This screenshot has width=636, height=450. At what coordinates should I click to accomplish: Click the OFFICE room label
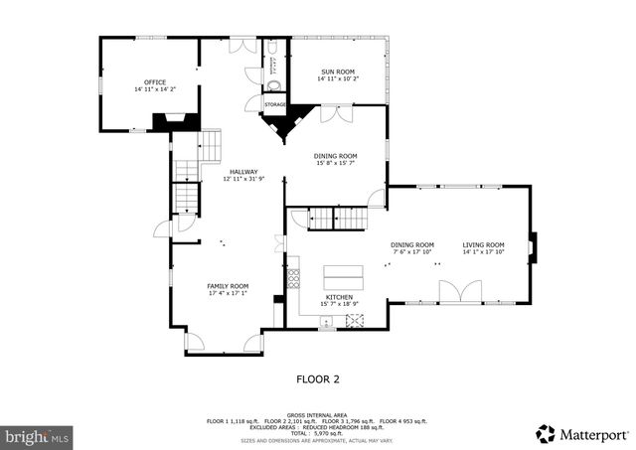point(154,82)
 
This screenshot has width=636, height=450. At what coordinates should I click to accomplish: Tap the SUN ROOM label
point(338,72)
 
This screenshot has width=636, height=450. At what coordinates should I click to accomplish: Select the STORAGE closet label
point(275,104)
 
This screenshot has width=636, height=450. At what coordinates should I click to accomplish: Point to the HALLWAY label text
point(243,172)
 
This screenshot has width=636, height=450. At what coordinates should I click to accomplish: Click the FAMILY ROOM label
point(227,285)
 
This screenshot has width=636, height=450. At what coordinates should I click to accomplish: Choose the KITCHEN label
point(339,297)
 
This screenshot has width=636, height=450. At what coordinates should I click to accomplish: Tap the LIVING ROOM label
point(484,244)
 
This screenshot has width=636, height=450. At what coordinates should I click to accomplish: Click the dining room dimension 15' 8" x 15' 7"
point(337,163)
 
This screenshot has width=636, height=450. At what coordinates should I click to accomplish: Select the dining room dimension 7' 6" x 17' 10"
point(411,251)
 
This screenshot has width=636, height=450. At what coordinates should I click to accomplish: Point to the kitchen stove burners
point(355,320)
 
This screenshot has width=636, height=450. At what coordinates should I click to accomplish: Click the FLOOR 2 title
point(317,378)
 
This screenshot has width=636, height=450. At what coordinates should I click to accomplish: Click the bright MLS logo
point(37,435)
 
